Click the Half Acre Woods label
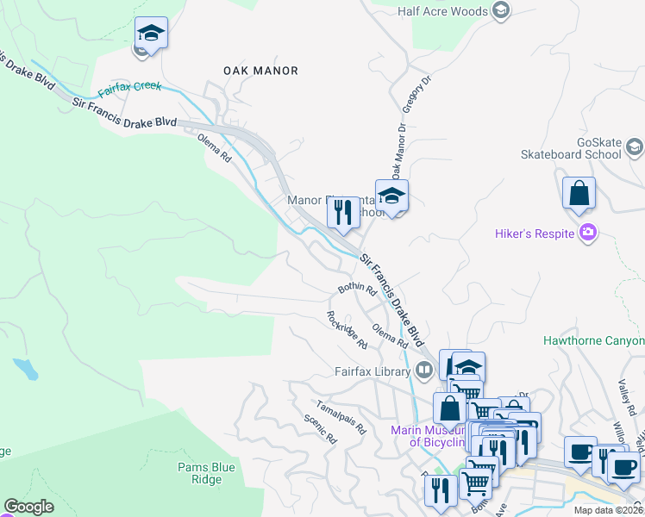tap(444, 11)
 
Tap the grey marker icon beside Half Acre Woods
tap(501, 11)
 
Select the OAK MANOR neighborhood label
tap(260, 71)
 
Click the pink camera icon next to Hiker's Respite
tap(588, 233)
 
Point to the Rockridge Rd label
tap(347, 330)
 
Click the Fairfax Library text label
tap(373, 372)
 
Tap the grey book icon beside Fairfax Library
tap(423, 371)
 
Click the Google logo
tap(28, 507)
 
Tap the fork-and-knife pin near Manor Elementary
tap(343, 211)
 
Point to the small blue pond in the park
tap(27, 370)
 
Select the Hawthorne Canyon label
tap(593, 340)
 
